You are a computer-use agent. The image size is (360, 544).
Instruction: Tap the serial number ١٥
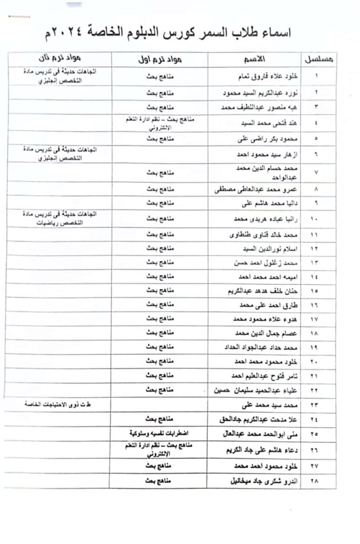coord(317,290)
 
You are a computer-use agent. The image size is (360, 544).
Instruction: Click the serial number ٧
coord(316,173)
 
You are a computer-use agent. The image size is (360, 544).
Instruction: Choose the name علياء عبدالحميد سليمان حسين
coord(246,390)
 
